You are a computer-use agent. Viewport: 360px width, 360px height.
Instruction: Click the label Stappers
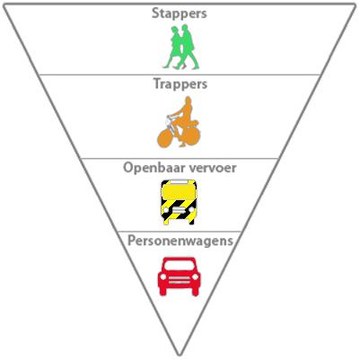(180, 13)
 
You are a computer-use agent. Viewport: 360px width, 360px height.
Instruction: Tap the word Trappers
(180, 84)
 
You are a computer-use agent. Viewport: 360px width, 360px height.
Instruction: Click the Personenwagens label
(180, 241)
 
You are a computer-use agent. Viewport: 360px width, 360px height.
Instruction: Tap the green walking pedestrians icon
(181, 48)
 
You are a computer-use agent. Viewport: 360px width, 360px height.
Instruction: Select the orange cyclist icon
(179, 122)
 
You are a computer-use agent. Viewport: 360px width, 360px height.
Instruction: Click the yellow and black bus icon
(179, 202)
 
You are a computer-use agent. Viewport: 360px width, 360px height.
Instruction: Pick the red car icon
(180, 277)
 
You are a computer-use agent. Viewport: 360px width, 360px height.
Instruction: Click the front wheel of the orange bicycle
(165, 138)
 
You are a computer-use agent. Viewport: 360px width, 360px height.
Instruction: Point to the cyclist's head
(188, 100)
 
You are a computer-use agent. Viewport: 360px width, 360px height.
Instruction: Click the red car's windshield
(180, 265)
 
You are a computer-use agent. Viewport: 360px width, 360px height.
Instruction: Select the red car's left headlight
(163, 277)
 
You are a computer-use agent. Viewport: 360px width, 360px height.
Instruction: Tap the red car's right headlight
(196, 277)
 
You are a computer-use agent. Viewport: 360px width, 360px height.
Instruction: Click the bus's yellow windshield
(179, 192)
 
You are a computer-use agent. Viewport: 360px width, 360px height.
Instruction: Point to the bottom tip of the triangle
(180, 356)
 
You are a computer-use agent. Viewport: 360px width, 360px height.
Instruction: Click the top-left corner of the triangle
(4, 5)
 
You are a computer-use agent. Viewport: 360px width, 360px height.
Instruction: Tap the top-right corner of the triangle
(356, 4)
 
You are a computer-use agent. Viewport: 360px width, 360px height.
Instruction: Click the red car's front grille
(180, 280)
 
